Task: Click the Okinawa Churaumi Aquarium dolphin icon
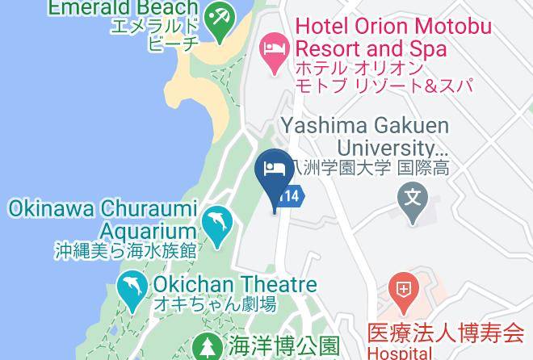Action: pyautogui.click(x=216, y=222)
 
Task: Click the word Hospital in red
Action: pyautogui.click(x=400, y=352)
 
